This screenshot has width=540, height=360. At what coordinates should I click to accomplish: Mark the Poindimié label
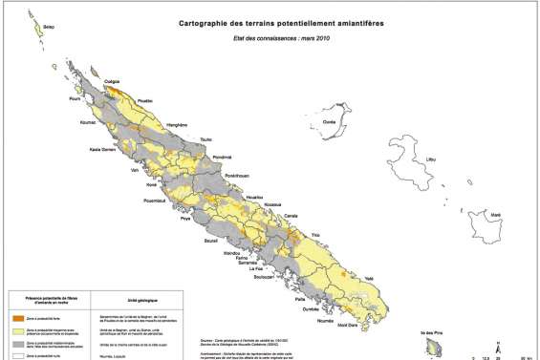[223, 156]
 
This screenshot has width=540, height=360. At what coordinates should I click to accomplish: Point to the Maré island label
[495, 217]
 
